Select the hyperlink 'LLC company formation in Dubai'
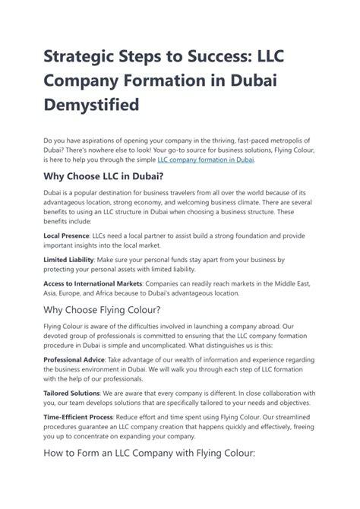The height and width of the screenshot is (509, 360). click(x=205, y=160)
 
